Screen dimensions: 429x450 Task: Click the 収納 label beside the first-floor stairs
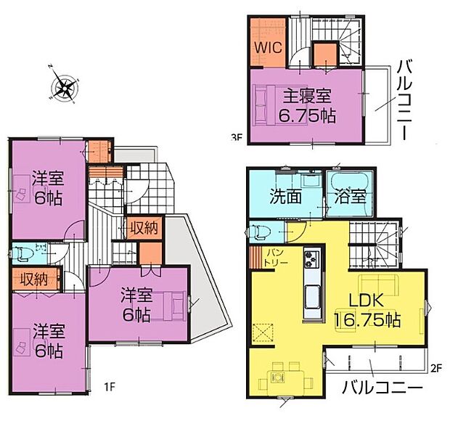143,228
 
